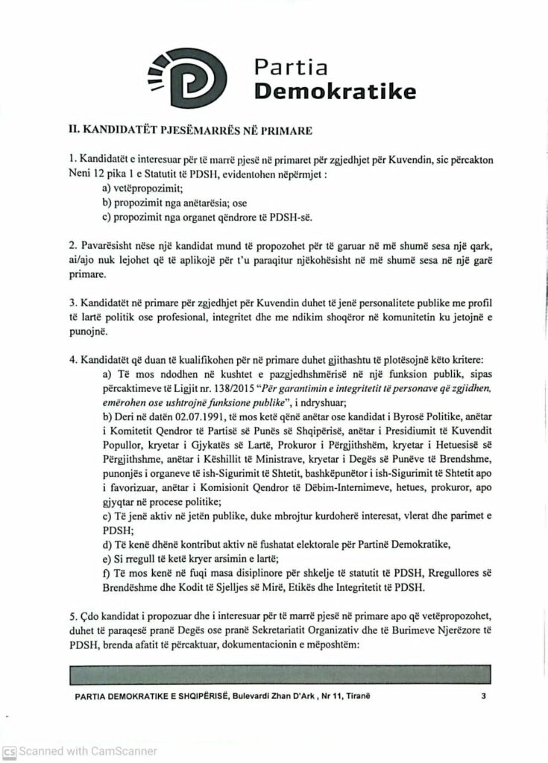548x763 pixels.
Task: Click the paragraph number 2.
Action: [x=72, y=245]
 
